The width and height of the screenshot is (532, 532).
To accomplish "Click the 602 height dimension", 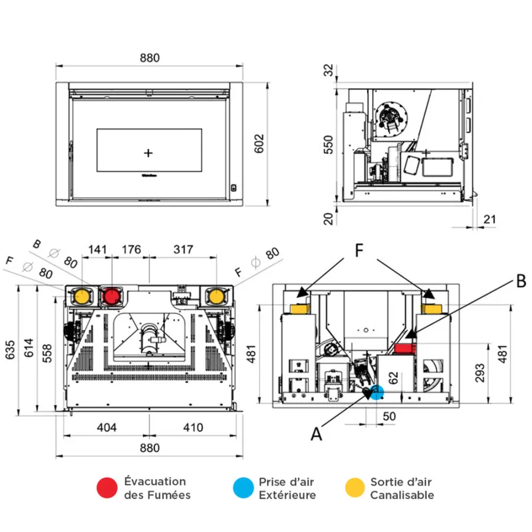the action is pyautogui.click(x=259, y=144).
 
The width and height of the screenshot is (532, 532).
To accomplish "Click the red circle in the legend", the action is pyautogui.click(x=107, y=488).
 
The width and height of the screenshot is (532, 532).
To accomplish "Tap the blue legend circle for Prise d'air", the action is pyautogui.click(x=244, y=488).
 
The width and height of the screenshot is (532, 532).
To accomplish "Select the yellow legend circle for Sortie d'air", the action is pyautogui.click(x=355, y=488).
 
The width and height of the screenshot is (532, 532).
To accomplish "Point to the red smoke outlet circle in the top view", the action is pyautogui.click(x=111, y=296).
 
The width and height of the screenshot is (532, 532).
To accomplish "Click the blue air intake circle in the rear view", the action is pyautogui.click(x=377, y=392).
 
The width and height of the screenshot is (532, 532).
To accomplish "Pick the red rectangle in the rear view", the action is pyautogui.click(x=405, y=348).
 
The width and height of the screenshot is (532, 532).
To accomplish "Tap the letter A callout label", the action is pyautogui.click(x=316, y=434).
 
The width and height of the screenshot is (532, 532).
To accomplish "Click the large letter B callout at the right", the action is pyautogui.click(x=521, y=281).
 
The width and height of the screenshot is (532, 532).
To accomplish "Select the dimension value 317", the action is pyautogui.click(x=183, y=249).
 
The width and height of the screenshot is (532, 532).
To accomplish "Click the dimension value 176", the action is pyautogui.click(x=131, y=249).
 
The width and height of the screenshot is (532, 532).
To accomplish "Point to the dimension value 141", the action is pyautogui.click(x=98, y=249).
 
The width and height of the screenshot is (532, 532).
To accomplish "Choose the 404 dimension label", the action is pyautogui.click(x=107, y=427).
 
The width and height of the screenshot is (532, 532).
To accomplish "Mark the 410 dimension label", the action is pyautogui.click(x=193, y=427).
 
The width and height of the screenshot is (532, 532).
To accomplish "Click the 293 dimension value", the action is pyautogui.click(x=480, y=373).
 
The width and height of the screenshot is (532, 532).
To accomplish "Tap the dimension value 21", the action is pyautogui.click(x=489, y=219).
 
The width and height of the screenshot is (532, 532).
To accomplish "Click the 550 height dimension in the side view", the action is pyautogui.click(x=329, y=145).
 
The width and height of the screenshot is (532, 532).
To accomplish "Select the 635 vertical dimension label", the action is pyautogui.click(x=10, y=350).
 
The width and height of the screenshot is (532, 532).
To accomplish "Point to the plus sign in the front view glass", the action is pyautogui.click(x=148, y=153).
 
